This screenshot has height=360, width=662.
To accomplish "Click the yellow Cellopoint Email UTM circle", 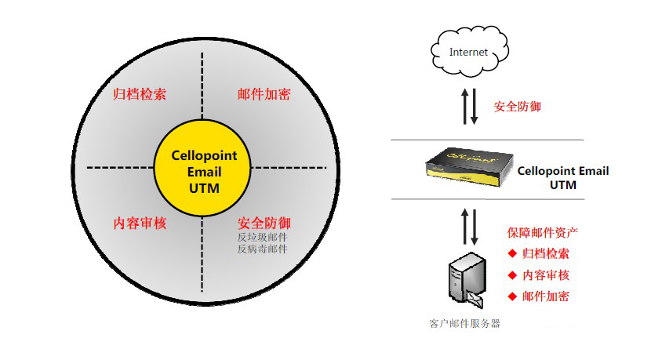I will pyautogui.click(x=204, y=168).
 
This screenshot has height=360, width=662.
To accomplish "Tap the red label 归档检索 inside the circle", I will pyautogui.click(x=140, y=94).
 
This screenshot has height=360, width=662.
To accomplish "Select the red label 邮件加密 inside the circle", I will pyautogui.click(x=264, y=94).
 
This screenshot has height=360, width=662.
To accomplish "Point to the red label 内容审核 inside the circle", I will pyautogui.click(x=140, y=223).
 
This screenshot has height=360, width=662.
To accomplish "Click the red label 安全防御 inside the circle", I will pyautogui.click(x=264, y=223).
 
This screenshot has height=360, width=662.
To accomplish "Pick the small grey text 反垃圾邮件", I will pyautogui.click(x=262, y=237).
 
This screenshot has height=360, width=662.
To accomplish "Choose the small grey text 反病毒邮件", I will pyautogui.click(x=262, y=249).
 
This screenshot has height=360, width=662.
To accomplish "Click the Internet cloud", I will pyautogui.click(x=468, y=53).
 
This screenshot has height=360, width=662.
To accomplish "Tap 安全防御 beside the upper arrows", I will pyautogui.click(x=518, y=106).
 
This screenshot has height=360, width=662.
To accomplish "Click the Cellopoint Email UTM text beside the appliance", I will pyautogui.click(x=563, y=178).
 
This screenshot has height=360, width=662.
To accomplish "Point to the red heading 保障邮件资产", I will pyautogui.click(x=543, y=233).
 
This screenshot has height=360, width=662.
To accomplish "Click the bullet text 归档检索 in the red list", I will pyautogui.click(x=545, y=253).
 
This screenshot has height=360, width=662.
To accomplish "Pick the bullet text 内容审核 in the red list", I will pyautogui.click(x=545, y=275).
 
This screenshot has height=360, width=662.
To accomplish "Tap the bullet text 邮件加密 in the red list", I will pyautogui.click(x=545, y=296).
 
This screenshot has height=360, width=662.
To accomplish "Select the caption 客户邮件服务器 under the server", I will pyautogui.click(x=465, y=323).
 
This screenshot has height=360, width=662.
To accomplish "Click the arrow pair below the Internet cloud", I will pyautogui.click(x=468, y=106).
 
